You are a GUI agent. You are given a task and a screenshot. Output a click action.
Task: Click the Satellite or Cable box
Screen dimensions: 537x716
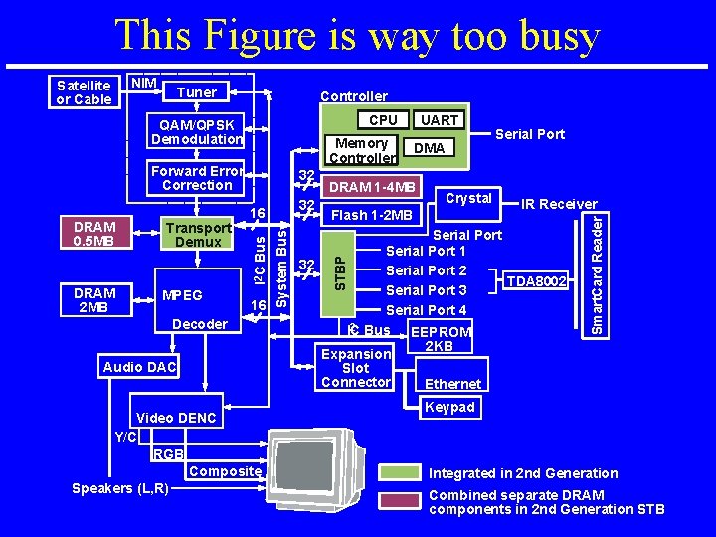(x=85, y=91)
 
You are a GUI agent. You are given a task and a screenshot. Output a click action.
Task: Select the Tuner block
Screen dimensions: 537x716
(x=196, y=92)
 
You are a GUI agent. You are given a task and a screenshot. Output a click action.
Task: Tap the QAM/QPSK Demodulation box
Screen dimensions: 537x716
(x=197, y=132)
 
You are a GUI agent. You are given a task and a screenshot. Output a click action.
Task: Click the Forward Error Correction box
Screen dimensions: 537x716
(x=197, y=178)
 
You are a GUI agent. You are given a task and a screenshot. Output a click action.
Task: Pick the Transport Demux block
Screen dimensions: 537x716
(x=197, y=235)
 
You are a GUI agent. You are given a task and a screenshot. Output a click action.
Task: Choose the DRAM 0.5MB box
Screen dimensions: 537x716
(x=95, y=234)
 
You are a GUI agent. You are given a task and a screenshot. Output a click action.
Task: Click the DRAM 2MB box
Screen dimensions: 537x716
(x=95, y=300)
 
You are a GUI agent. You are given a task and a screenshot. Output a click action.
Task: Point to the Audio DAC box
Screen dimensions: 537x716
(x=139, y=367)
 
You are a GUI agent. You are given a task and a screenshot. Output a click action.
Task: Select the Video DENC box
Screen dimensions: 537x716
(x=176, y=418)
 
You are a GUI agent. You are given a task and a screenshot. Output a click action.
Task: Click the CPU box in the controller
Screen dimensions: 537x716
(x=383, y=120)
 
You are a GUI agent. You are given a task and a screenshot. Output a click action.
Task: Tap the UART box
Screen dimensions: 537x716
(x=440, y=120)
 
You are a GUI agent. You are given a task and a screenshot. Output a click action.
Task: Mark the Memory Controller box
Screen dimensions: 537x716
(x=360, y=150)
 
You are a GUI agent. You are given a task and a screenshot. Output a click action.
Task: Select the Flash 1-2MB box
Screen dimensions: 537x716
(x=371, y=215)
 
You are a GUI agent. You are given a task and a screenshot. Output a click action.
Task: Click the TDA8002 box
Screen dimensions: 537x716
(x=538, y=282)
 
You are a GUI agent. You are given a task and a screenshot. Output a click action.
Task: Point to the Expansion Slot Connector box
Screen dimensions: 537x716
(x=356, y=368)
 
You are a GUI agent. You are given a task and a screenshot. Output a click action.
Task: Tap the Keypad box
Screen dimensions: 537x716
(x=449, y=408)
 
